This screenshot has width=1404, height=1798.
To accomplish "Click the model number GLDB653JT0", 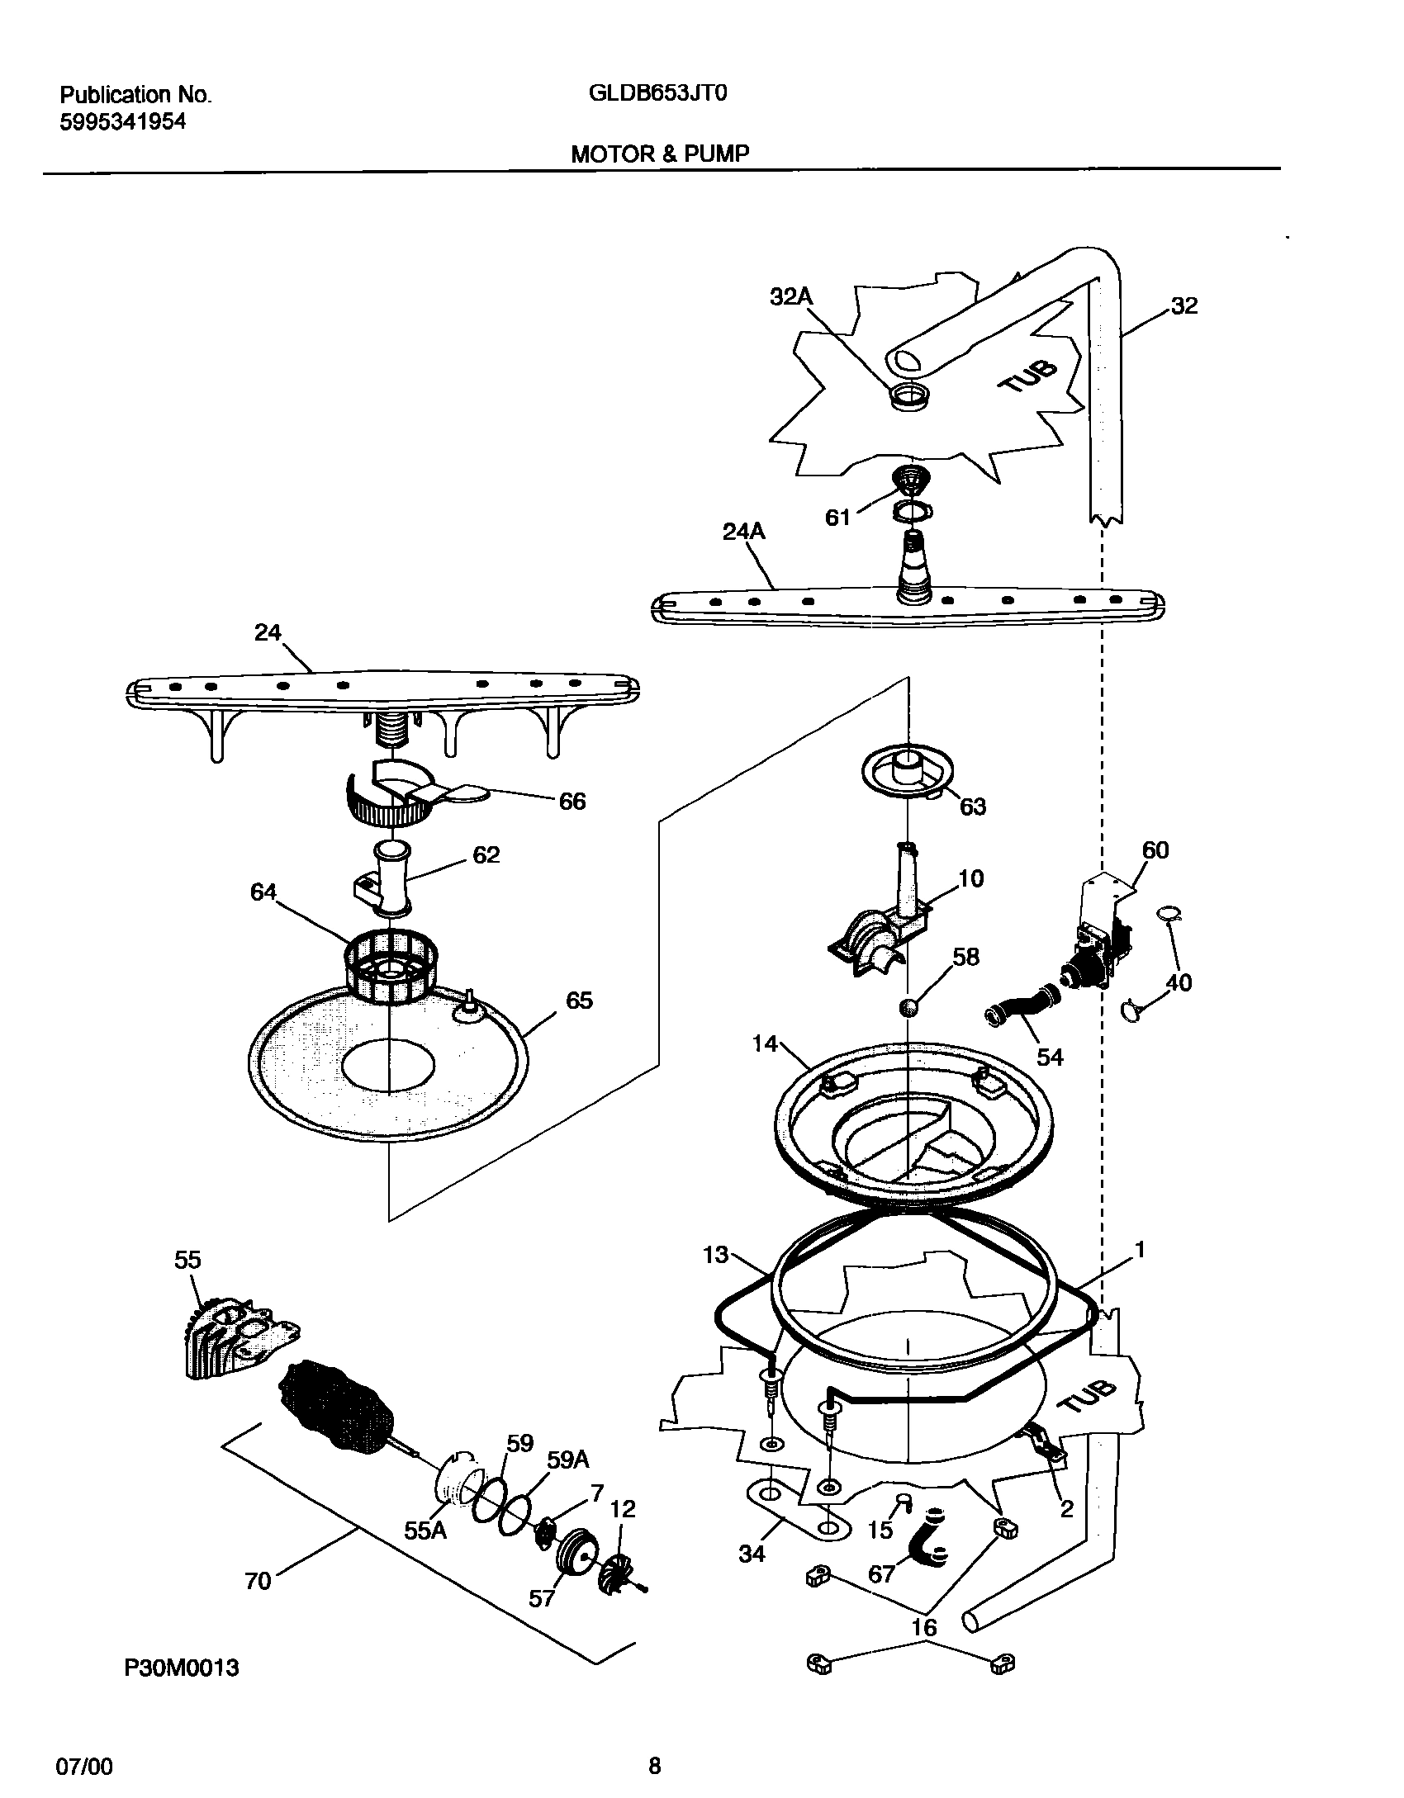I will (657, 93).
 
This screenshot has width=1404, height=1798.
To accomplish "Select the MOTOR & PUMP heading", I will (660, 154).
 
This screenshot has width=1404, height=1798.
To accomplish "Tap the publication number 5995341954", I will (123, 122).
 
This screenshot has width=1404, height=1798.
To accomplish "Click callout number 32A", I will (791, 297).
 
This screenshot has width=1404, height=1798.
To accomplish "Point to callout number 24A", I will (743, 532).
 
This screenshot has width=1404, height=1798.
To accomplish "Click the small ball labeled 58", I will (908, 1008).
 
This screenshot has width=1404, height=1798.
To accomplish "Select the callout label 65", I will (579, 1001).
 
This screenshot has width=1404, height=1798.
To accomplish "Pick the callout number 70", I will (258, 1581).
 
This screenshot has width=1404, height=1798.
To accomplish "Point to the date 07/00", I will (83, 1761).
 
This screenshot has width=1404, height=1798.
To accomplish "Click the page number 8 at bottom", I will (654, 1760).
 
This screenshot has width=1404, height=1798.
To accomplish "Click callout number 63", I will (973, 807).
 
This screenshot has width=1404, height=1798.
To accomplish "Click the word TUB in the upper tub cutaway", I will (1027, 376).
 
